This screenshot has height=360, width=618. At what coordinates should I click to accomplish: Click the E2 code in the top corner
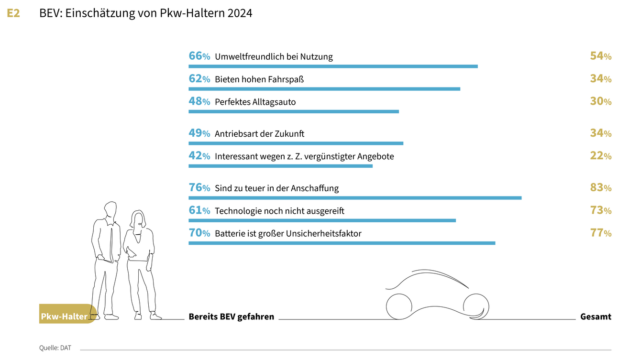(13, 13)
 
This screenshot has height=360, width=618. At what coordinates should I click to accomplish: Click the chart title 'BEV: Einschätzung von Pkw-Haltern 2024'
(145, 13)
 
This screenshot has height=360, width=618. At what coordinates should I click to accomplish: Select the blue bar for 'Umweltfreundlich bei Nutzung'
(333, 66)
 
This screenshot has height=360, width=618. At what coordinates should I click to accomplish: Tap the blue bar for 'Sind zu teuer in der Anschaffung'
(355, 198)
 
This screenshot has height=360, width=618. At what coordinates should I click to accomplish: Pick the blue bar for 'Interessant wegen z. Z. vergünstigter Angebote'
(280, 166)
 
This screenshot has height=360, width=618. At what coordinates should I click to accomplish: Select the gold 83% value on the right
(600, 188)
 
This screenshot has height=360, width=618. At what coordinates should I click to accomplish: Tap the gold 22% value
(600, 156)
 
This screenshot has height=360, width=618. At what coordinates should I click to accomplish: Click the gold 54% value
(600, 56)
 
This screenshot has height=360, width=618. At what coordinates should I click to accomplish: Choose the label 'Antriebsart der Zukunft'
(259, 134)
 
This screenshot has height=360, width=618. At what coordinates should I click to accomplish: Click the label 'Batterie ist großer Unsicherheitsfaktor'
(288, 234)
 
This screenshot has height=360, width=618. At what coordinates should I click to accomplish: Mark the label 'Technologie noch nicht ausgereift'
(279, 211)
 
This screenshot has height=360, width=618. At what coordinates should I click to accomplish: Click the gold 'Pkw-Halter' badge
(65, 316)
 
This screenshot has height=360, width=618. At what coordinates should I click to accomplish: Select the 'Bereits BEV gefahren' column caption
(231, 316)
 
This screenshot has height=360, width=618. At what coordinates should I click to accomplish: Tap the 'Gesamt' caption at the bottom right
(596, 316)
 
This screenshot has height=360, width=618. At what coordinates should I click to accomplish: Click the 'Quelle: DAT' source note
(55, 348)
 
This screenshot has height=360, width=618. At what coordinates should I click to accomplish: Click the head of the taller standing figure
(110, 210)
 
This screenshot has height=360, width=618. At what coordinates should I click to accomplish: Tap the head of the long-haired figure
(138, 220)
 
